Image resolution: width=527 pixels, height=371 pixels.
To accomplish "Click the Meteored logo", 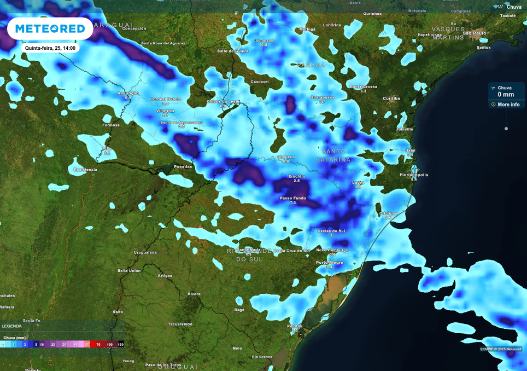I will [x=50, y=28].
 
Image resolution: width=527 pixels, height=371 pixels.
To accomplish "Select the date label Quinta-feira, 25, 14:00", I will [x=50, y=48].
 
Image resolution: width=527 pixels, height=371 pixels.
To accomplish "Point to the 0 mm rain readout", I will [x=506, y=95].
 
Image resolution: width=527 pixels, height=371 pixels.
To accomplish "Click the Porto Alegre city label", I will [x=330, y=262].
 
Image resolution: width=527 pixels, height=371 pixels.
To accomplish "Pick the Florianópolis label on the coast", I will [x=413, y=175].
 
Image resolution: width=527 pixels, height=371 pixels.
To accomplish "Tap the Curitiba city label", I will [x=391, y=98].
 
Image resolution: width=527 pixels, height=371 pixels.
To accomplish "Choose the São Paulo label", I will [x=475, y=33].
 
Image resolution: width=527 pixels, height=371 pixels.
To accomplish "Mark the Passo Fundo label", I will [x=292, y=198].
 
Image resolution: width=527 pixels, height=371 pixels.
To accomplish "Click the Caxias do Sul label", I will [x=331, y=231].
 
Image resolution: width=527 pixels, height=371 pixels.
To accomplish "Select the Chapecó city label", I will [x=285, y=157].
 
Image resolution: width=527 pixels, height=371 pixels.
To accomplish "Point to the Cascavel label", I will [x=259, y=82].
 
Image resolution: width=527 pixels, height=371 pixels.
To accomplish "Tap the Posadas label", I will [x=183, y=166].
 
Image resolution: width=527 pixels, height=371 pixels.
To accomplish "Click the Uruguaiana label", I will [x=145, y=252].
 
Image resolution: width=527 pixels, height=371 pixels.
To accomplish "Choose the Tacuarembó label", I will [x=180, y=324].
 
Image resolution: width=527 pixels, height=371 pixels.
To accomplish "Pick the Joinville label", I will [x=405, y=129].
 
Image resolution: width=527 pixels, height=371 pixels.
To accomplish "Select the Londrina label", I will [x=332, y=25].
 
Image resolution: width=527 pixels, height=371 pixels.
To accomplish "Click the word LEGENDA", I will [x=11, y=326].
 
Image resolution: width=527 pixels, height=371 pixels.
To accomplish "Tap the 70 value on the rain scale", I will [x=98, y=345].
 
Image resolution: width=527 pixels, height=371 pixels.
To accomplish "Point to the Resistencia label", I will [x=85, y=170].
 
